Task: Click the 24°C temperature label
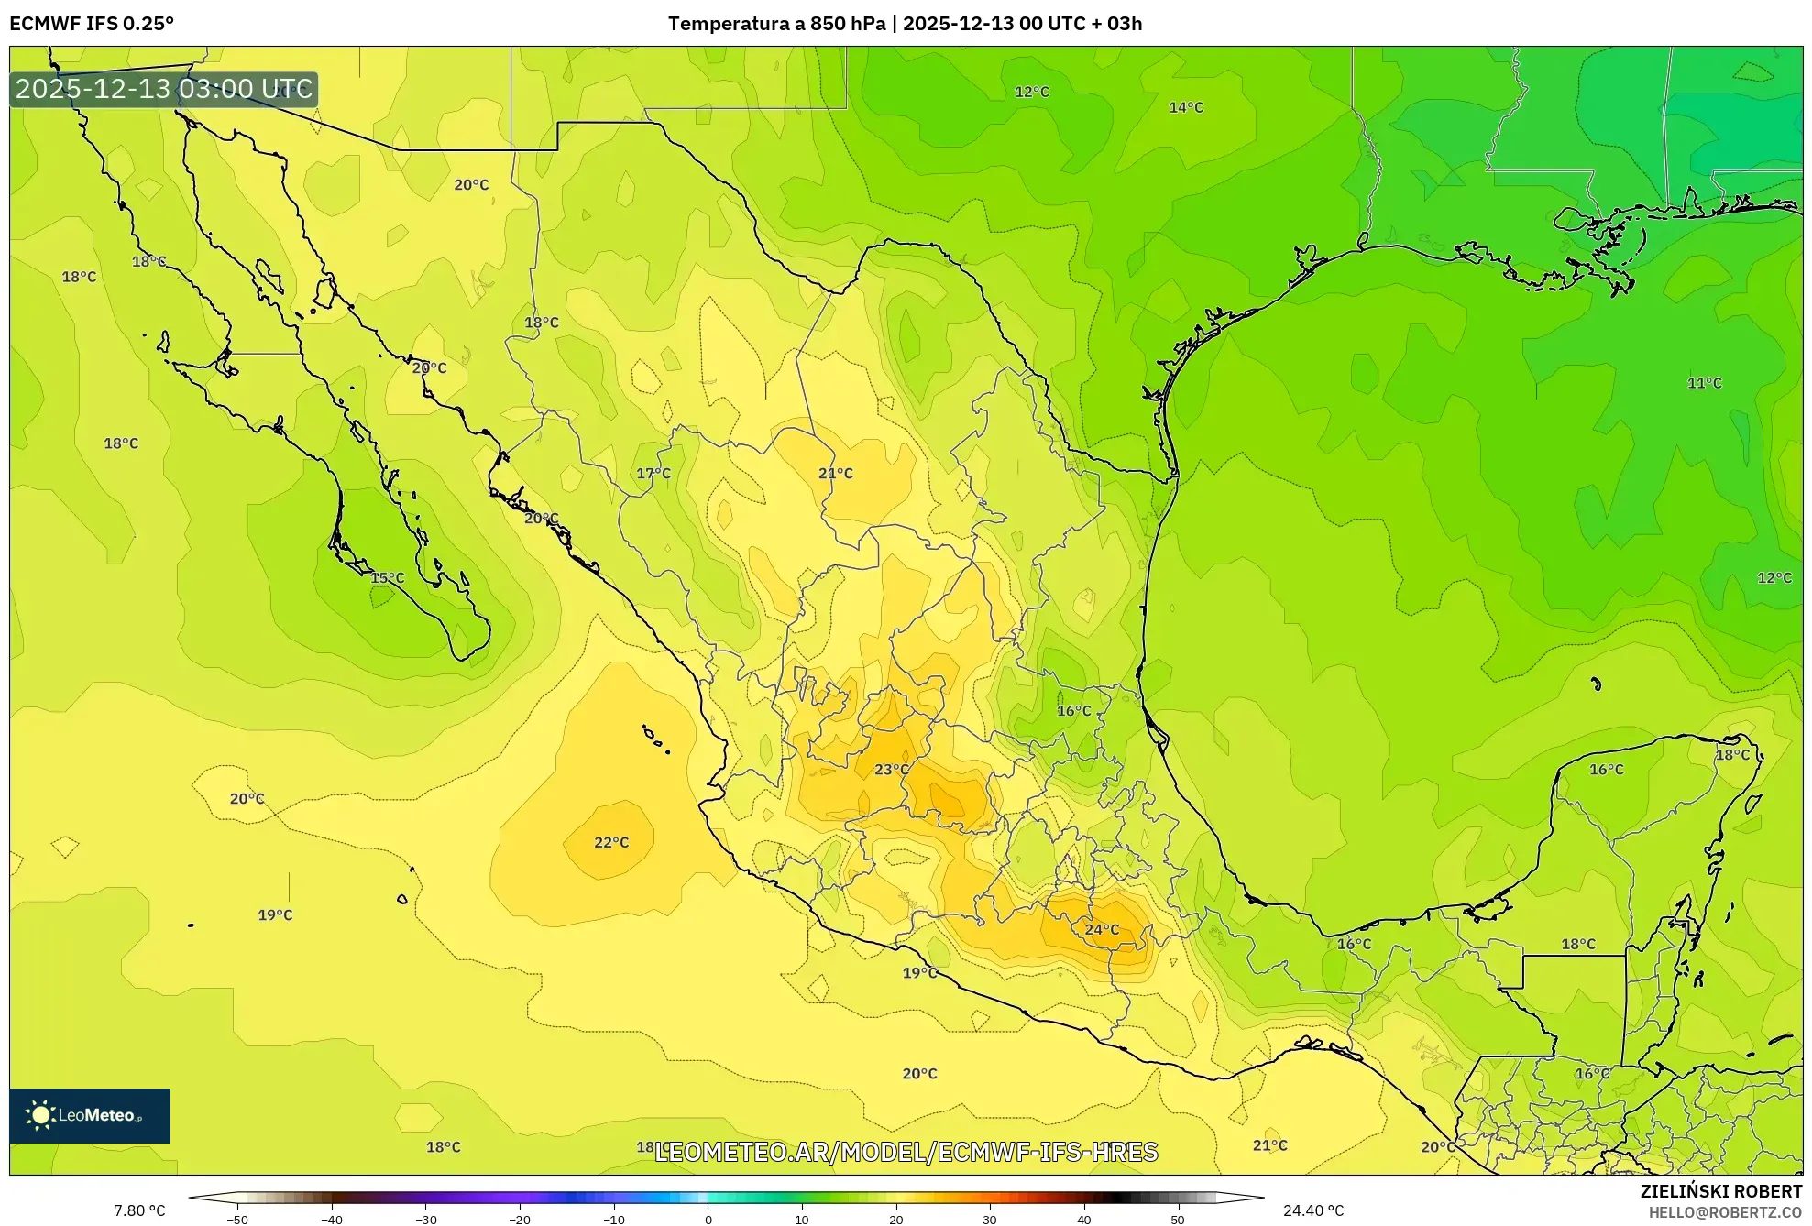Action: (x=1102, y=929)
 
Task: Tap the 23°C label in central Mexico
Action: (x=891, y=769)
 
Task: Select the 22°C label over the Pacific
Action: (x=611, y=842)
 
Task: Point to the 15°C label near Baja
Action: (x=387, y=577)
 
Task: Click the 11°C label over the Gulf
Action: (x=1704, y=383)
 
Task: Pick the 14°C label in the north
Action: (x=1185, y=107)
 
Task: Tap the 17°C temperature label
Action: (x=653, y=473)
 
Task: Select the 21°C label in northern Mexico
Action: (x=835, y=473)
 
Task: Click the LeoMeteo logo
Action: (x=90, y=1115)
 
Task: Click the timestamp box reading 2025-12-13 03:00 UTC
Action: (x=164, y=89)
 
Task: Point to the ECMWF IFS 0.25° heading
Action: (x=92, y=24)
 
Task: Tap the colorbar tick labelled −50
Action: (x=237, y=1219)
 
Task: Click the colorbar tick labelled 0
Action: (x=708, y=1219)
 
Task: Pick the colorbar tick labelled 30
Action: (x=990, y=1219)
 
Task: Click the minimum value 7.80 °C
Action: (x=139, y=1210)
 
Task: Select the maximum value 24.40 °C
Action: (x=1312, y=1210)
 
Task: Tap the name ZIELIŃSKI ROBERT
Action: (x=1720, y=1191)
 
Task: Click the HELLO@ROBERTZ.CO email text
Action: (x=1725, y=1212)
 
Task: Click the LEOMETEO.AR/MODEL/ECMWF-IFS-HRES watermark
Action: (x=906, y=1152)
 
